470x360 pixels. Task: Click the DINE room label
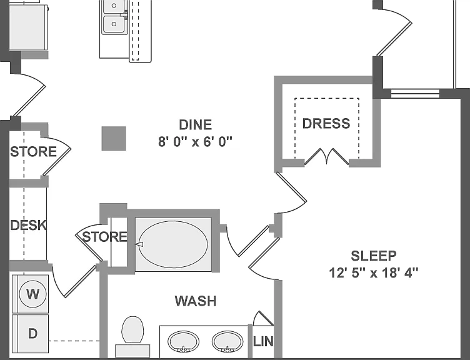tap(196, 125)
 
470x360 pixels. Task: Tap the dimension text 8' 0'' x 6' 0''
tap(196, 142)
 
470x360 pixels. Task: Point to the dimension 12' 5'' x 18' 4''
tap(374, 273)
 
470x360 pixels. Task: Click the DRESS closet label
tap(326, 124)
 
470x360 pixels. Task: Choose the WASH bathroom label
tap(196, 301)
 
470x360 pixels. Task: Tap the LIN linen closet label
tap(263, 341)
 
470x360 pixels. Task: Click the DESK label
tap(29, 225)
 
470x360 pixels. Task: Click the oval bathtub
tap(173, 244)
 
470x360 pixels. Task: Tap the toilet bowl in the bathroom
tap(132, 330)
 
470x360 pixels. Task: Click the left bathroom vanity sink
tap(183, 341)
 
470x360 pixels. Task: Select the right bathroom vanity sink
tap(227, 341)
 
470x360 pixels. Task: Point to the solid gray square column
tap(114, 139)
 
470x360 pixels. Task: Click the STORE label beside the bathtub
tap(105, 237)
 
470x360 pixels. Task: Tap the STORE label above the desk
tap(33, 152)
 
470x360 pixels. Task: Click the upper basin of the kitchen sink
tap(114, 6)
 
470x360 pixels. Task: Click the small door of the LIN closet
tap(263, 318)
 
